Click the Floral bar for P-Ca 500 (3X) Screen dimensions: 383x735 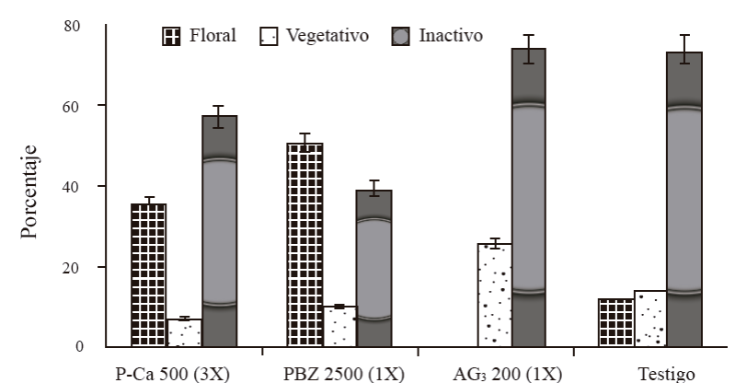coord(148,275)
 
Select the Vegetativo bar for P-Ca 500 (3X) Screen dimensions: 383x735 coord(184,333)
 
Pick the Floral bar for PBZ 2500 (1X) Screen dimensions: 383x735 coord(304,245)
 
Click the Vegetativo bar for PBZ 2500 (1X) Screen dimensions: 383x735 coord(339,327)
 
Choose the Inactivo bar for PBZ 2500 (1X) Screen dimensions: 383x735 coord(374,269)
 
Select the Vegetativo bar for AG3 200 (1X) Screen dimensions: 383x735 coord(494,296)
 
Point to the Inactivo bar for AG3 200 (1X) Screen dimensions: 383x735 coord(529,198)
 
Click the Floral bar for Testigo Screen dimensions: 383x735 coord(615,323)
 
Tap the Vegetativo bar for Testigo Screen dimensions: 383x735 coord(649,319)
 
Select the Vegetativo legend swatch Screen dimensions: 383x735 coord(267,37)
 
